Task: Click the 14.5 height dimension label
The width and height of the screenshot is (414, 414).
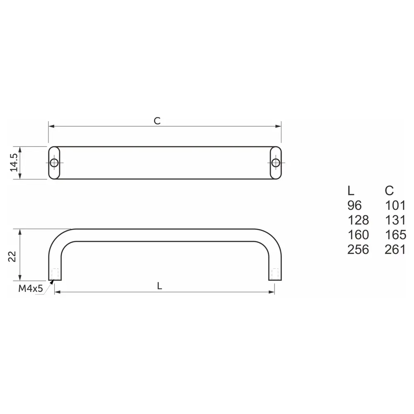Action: [x=14, y=163]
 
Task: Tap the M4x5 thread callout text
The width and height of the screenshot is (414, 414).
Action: [x=31, y=289]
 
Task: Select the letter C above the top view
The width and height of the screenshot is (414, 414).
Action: [x=157, y=121]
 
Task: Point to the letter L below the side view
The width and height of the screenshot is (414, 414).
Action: [x=160, y=286]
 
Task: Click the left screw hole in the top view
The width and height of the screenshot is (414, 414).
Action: [x=54, y=163]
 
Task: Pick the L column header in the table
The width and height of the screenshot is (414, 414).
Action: [x=351, y=191]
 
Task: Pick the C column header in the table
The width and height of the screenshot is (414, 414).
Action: [x=389, y=191]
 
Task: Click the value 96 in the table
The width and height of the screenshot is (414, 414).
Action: [x=354, y=205]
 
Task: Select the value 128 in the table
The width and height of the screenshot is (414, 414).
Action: [x=358, y=220]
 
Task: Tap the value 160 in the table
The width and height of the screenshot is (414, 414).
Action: [x=358, y=235]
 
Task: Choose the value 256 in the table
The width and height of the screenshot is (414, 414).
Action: [x=358, y=249]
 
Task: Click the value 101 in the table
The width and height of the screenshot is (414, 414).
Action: [x=395, y=205]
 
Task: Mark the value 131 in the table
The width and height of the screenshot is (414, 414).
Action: [x=395, y=220]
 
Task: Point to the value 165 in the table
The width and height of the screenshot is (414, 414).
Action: [x=395, y=235]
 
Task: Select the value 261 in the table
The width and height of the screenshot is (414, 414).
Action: [x=395, y=249]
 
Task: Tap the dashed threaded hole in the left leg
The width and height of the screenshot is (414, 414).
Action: [x=55, y=274]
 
